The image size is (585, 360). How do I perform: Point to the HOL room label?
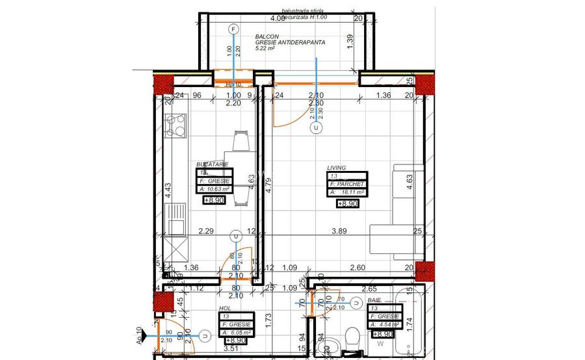[225, 309]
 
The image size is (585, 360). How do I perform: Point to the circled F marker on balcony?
[234, 29]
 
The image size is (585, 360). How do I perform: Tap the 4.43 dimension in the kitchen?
[167, 190]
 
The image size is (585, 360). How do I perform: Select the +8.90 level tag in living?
[347, 203]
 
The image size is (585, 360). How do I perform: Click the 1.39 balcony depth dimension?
[350, 40]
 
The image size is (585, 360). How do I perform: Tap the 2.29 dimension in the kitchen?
[206, 231]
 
